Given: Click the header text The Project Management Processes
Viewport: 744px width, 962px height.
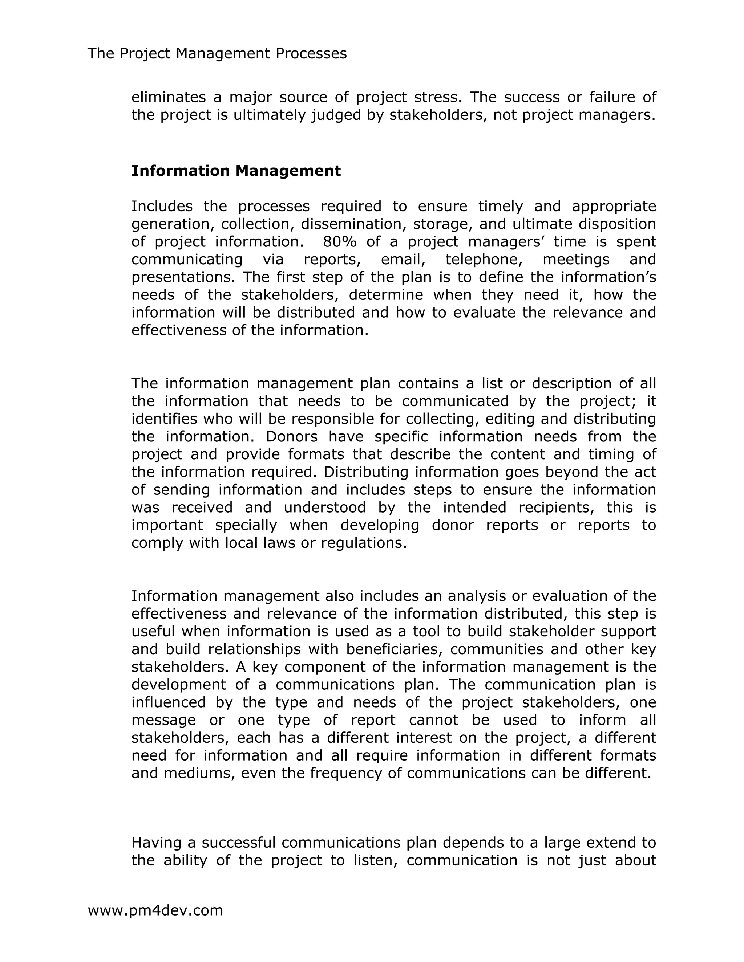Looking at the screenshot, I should pos(217,54).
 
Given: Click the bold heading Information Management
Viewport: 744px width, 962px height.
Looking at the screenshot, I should pos(236,171).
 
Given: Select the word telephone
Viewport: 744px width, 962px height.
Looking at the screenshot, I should pos(484,260).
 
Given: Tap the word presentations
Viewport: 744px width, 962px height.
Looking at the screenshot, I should pos(183,277).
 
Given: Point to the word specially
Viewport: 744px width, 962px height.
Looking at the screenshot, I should pos(246,525).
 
